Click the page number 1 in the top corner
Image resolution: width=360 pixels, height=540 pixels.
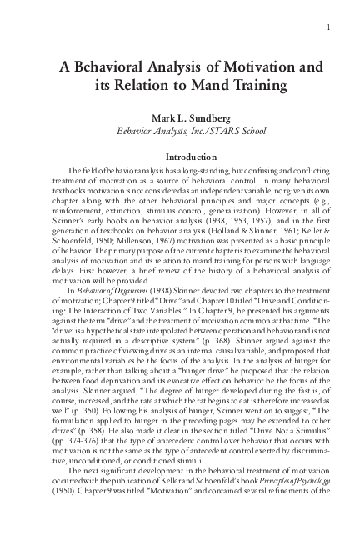pyautogui.click(x=332, y=27)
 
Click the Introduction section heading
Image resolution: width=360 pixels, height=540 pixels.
pyautogui.click(x=180, y=156)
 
